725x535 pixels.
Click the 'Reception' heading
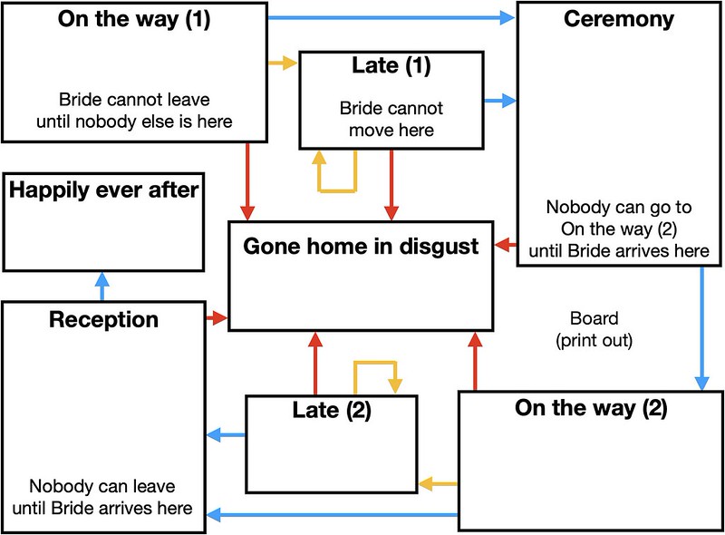pos(103,319)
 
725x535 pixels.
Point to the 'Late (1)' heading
pos(391,65)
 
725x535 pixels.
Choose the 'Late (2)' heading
pos(332,410)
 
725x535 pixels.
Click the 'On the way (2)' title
pos(591,407)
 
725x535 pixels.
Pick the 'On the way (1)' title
pos(134,20)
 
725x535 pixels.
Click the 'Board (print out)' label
pos(594,330)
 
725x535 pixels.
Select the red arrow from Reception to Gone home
pos(216,318)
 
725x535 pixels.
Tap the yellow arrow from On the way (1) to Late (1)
pos(283,63)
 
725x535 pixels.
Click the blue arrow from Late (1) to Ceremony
pos(498,101)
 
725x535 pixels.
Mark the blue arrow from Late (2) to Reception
pos(227,437)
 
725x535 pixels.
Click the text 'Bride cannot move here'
pos(391,120)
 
